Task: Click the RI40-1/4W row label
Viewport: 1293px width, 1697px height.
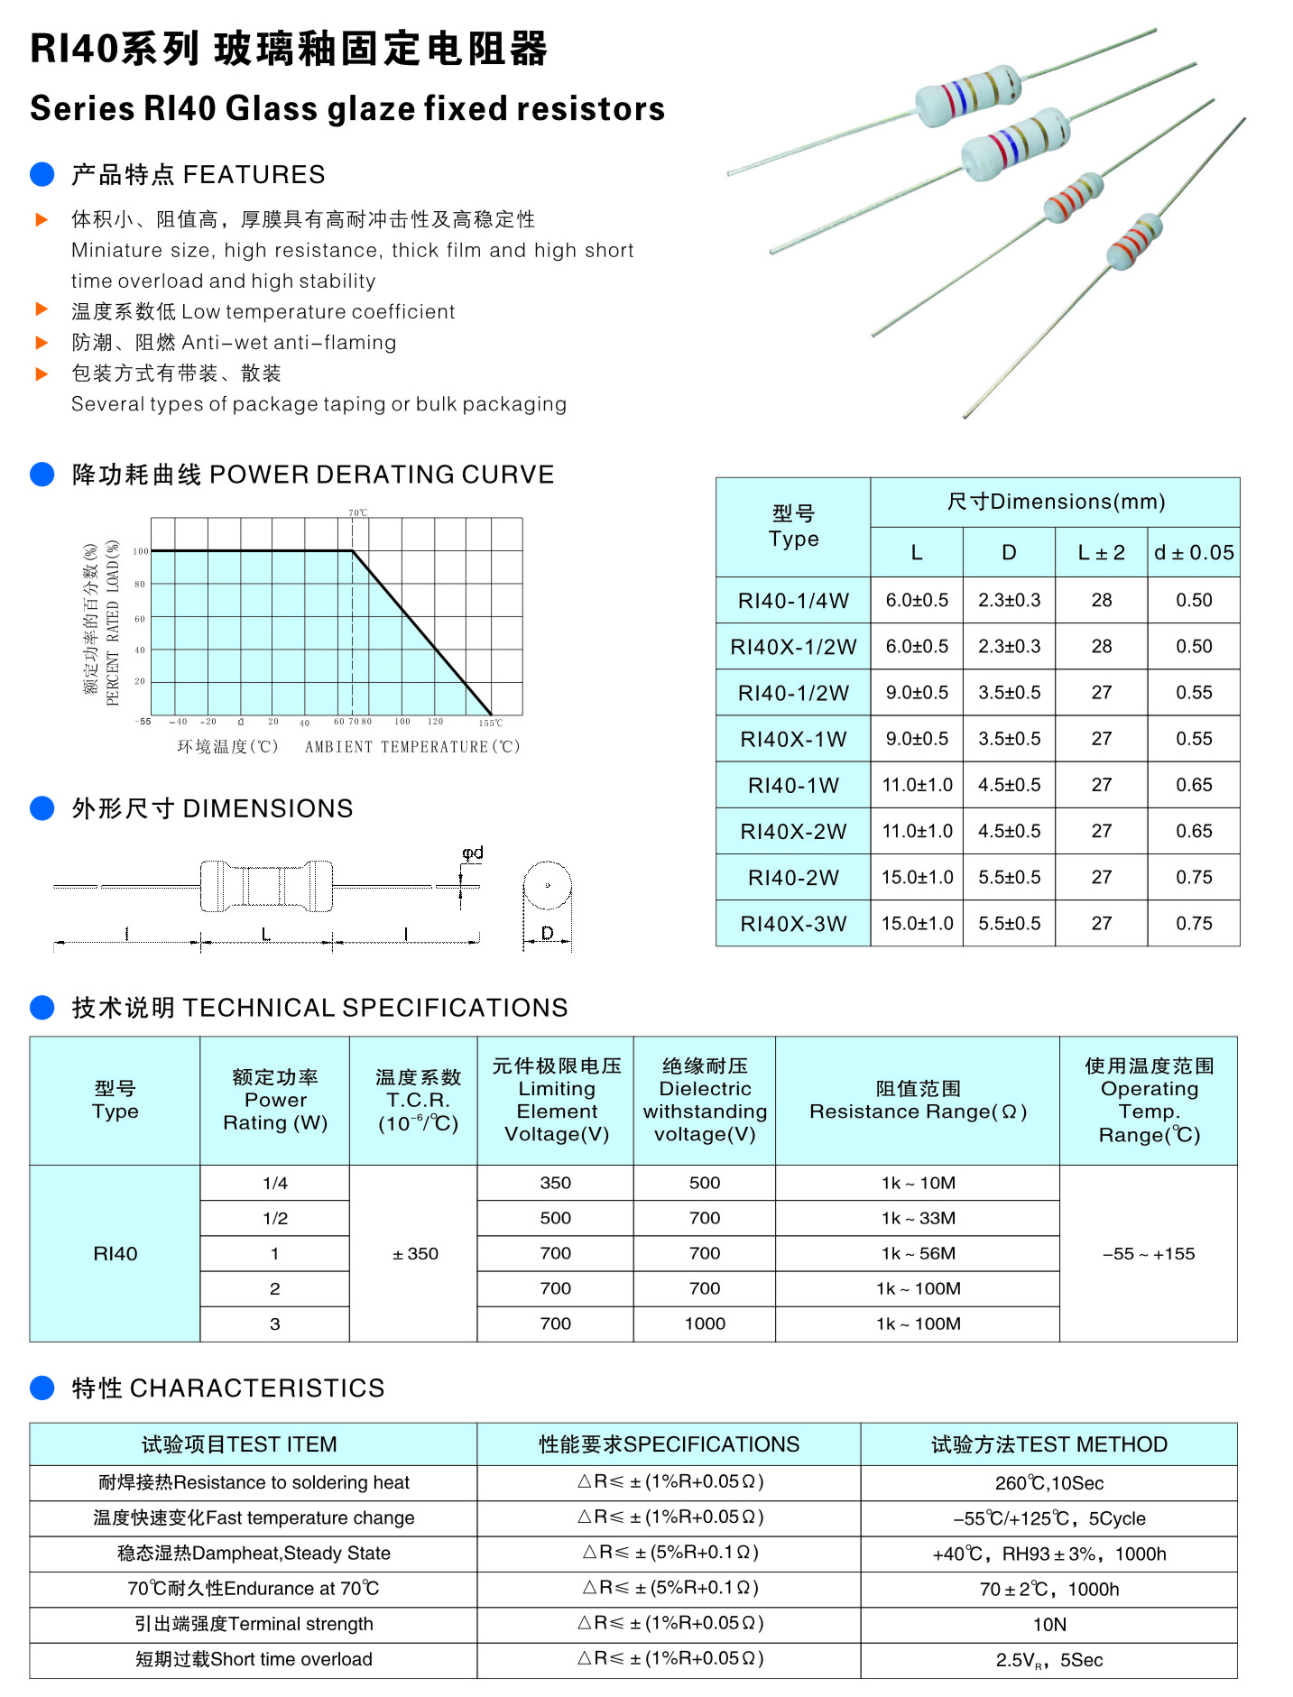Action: point(793,601)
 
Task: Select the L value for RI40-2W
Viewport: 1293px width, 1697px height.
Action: point(917,877)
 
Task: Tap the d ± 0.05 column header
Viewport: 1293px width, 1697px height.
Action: point(1193,553)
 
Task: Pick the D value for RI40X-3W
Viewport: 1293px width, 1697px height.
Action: point(1009,923)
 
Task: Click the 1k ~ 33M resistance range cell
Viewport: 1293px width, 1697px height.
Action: point(918,1218)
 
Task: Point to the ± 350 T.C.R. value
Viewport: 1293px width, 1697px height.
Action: point(415,1253)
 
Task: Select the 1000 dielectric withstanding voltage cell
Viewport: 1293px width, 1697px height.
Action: point(705,1323)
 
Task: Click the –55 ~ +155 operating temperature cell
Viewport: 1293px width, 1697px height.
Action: point(1148,1253)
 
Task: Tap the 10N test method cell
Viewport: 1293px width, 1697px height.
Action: point(1048,1624)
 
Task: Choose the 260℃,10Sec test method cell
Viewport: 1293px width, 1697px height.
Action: point(1048,1483)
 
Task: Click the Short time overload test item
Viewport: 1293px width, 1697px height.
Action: point(254,1659)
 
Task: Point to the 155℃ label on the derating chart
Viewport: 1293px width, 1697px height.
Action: point(491,723)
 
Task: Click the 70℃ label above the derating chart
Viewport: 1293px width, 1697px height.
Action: point(358,512)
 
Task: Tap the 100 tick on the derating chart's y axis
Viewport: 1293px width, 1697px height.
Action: point(141,550)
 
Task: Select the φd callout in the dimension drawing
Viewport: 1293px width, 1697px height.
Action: point(473,852)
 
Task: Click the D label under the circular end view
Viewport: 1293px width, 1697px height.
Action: point(547,933)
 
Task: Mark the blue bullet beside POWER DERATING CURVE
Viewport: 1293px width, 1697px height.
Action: point(42,475)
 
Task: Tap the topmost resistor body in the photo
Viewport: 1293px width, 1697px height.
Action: point(966,93)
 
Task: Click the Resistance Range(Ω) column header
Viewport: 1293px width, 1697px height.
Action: point(918,1111)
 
